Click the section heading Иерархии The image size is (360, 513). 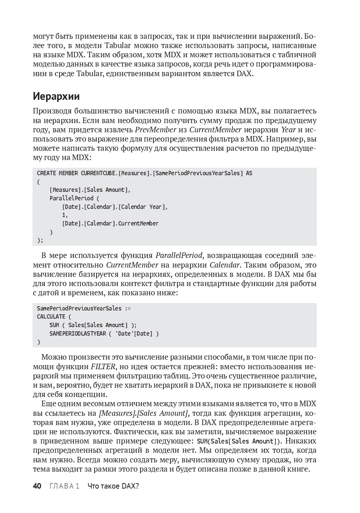56,96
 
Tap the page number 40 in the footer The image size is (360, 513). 37,486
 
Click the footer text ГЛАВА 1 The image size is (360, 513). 64,486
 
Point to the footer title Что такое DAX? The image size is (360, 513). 113,486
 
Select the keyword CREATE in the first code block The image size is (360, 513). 47,173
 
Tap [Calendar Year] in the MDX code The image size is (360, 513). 143,207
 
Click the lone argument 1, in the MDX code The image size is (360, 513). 65,215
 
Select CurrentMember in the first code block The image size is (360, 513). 138,223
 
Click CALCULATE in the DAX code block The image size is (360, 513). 51,316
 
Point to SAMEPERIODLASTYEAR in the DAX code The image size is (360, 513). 78,333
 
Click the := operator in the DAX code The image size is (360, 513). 128,308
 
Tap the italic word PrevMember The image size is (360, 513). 156,130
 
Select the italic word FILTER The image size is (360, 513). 103,367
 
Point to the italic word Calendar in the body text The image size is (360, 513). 225,265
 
